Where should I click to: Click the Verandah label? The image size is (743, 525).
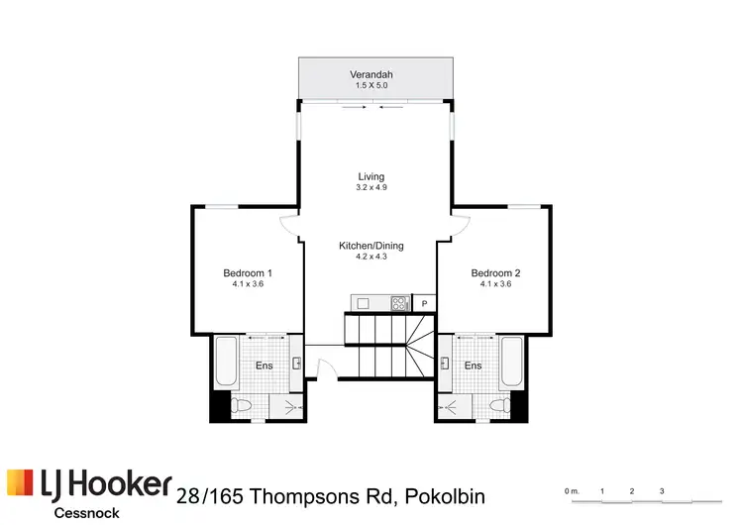tap(371, 74)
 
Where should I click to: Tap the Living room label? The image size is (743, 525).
tap(371, 176)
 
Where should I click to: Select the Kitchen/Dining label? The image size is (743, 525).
tap(371, 246)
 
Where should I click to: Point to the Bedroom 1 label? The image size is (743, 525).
tap(247, 272)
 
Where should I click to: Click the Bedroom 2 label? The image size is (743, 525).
tap(495, 272)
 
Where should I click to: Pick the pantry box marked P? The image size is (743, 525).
tap(424, 303)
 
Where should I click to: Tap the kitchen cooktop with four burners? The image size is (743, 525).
tap(399, 303)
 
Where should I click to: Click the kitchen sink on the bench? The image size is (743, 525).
tap(363, 303)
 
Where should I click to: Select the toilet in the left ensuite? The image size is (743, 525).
tap(242, 405)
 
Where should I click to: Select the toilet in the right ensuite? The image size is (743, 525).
tap(500, 405)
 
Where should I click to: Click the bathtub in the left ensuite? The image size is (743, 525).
tap(224, 364)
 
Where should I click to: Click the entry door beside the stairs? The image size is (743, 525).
tap(319, 367)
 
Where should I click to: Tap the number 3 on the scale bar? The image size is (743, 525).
tap(661, 491)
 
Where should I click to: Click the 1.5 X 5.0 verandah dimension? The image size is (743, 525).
tap(371, 86)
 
